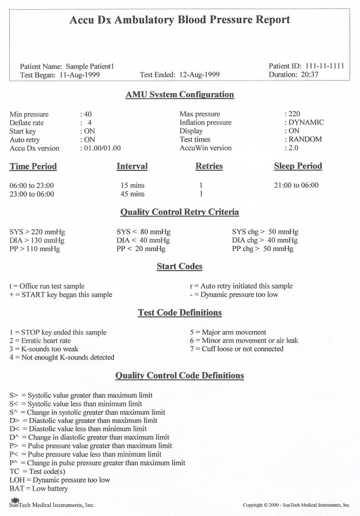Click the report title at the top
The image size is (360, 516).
click(x=180, y=20)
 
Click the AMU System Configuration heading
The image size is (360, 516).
click(x=180, y=94)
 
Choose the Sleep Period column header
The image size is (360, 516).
click(x=298, y=166)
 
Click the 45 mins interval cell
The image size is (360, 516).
click(x=132, y=194)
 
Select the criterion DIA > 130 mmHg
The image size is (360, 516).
click(x=37, y=240)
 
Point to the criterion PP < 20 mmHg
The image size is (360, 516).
click(x=140, y=249)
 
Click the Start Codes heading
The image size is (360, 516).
click(x=180, y=267)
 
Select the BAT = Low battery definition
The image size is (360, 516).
click(x=39, y=489)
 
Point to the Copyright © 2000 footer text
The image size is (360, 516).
click(x=296, y=505)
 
